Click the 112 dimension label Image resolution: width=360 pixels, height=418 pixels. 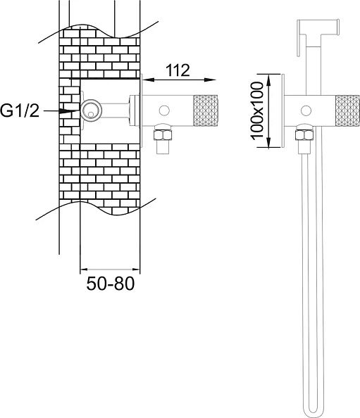pos(178,70)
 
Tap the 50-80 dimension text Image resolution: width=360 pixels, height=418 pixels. pos(110,284)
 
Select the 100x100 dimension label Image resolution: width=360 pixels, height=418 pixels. pos(257,110)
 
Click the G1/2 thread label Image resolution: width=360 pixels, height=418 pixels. pos(20,110)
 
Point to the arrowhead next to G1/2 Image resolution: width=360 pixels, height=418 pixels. pos(69,111)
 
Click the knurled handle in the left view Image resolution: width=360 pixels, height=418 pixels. pos(206,110)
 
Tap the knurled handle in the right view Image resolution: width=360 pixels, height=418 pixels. pos(347,110)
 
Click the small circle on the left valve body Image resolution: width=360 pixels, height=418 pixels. pos(164,110)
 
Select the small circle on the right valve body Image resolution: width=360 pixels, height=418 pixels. pos(306,110)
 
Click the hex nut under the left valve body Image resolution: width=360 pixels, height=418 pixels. pos(163,134)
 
